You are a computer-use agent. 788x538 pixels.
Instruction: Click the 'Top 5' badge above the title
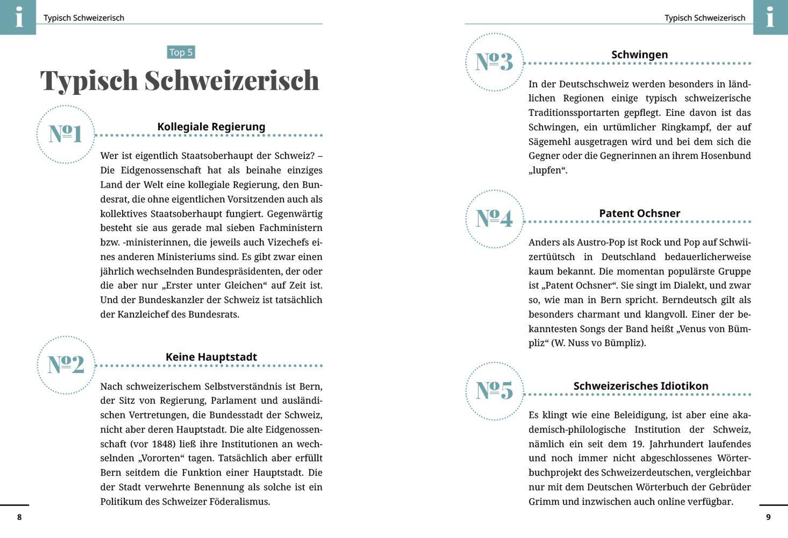point(181,52)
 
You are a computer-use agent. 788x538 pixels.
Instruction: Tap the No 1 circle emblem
point(65,134)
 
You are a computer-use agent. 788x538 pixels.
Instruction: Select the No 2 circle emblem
point(66,365)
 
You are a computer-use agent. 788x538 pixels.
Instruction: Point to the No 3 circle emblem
point(494,62)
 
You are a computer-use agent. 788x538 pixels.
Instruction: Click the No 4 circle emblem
point(494,219)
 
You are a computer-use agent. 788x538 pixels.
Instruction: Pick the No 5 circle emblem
point(494,391)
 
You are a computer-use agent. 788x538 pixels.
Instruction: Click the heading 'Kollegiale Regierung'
point(211,127)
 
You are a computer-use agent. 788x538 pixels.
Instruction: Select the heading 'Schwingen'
point(640,55)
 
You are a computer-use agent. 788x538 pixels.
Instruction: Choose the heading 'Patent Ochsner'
point(640,213)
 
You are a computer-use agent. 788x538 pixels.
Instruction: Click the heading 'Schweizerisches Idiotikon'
point(641,386)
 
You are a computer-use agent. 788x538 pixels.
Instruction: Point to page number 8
point(19,517)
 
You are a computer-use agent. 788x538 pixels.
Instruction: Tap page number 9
point(768,517)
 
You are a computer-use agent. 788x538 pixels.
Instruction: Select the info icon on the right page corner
point(770,17)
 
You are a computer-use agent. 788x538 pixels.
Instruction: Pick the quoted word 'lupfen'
point(548,170)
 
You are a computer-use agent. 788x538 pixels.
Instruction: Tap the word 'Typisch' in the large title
point(89,81)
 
